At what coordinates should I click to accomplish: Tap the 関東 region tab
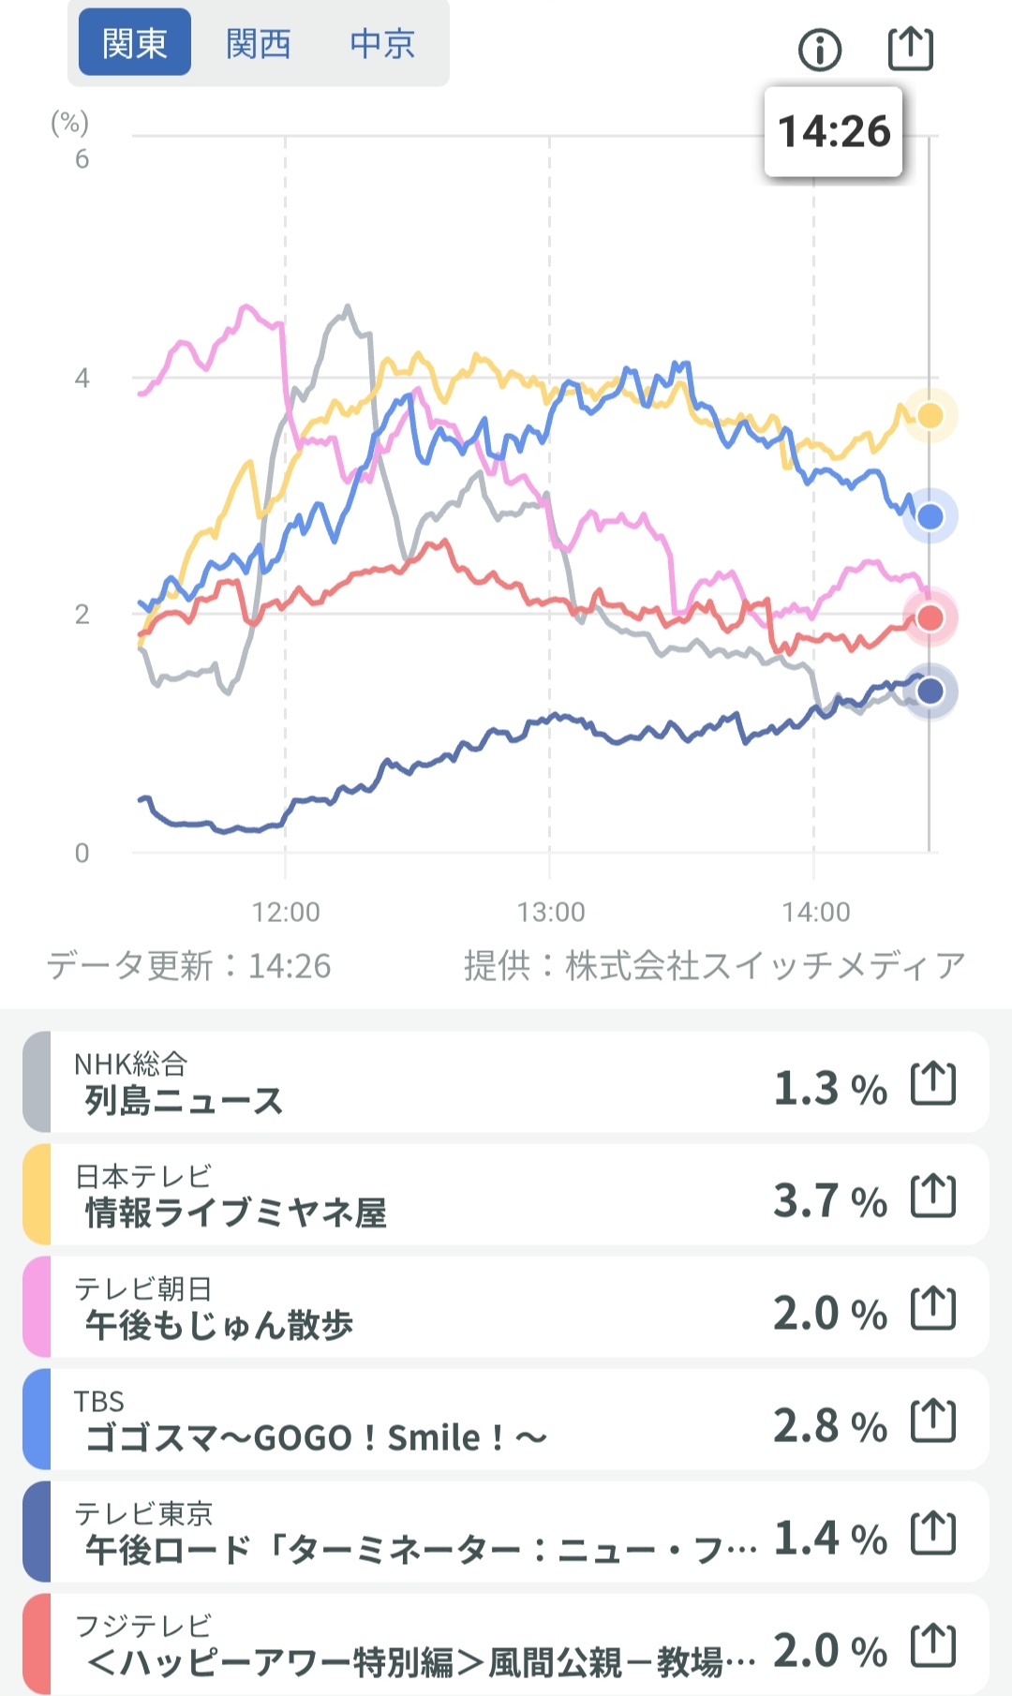pyautogui.click(x=134, y=43)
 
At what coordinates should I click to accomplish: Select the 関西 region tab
pyautogui.click(x=258, y=43)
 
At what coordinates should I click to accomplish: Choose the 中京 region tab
pyautogui.click(x=381, y=43)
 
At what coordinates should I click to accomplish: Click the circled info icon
pyautogui.click(x=820, y=49)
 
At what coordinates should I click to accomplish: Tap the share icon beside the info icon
pyautogui.click(x=910, y=49)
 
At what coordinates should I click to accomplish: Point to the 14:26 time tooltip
pyautogui.click(x=833, y=131)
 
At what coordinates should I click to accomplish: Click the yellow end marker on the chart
pyautogui.click(x=930, y=415)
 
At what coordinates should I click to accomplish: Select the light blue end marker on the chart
pyautogui.click(x=930, y=516)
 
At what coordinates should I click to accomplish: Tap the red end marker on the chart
pyautogui.click(x=930, y=617)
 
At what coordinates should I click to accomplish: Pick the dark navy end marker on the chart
pyautogui.click(x=930, y=692)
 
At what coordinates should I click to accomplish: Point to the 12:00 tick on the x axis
pyautogui.click(x=286, y=912)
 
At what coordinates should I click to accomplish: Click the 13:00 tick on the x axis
pyautogui.click(x=550, y=912)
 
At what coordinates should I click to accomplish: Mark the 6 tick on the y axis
pyautogui.click(x=82, y=159)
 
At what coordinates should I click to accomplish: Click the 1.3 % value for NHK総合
pyautogui.click(x=829, y=1088)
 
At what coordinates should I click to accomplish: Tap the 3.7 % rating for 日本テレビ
pyautogui.click(x=829, y=1200)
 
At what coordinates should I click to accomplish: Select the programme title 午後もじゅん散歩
pyautogui.click(x=219, y=1325)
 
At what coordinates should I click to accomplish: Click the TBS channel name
pyautogui.click(x=99, y=1402)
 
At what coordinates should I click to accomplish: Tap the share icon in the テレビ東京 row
pyautogui.click(x=933, y=1533)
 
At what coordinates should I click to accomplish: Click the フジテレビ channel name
pyautogui.click(x=143, y=1626)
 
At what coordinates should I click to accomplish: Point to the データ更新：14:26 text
pyautogui.click(x=189, y=965)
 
